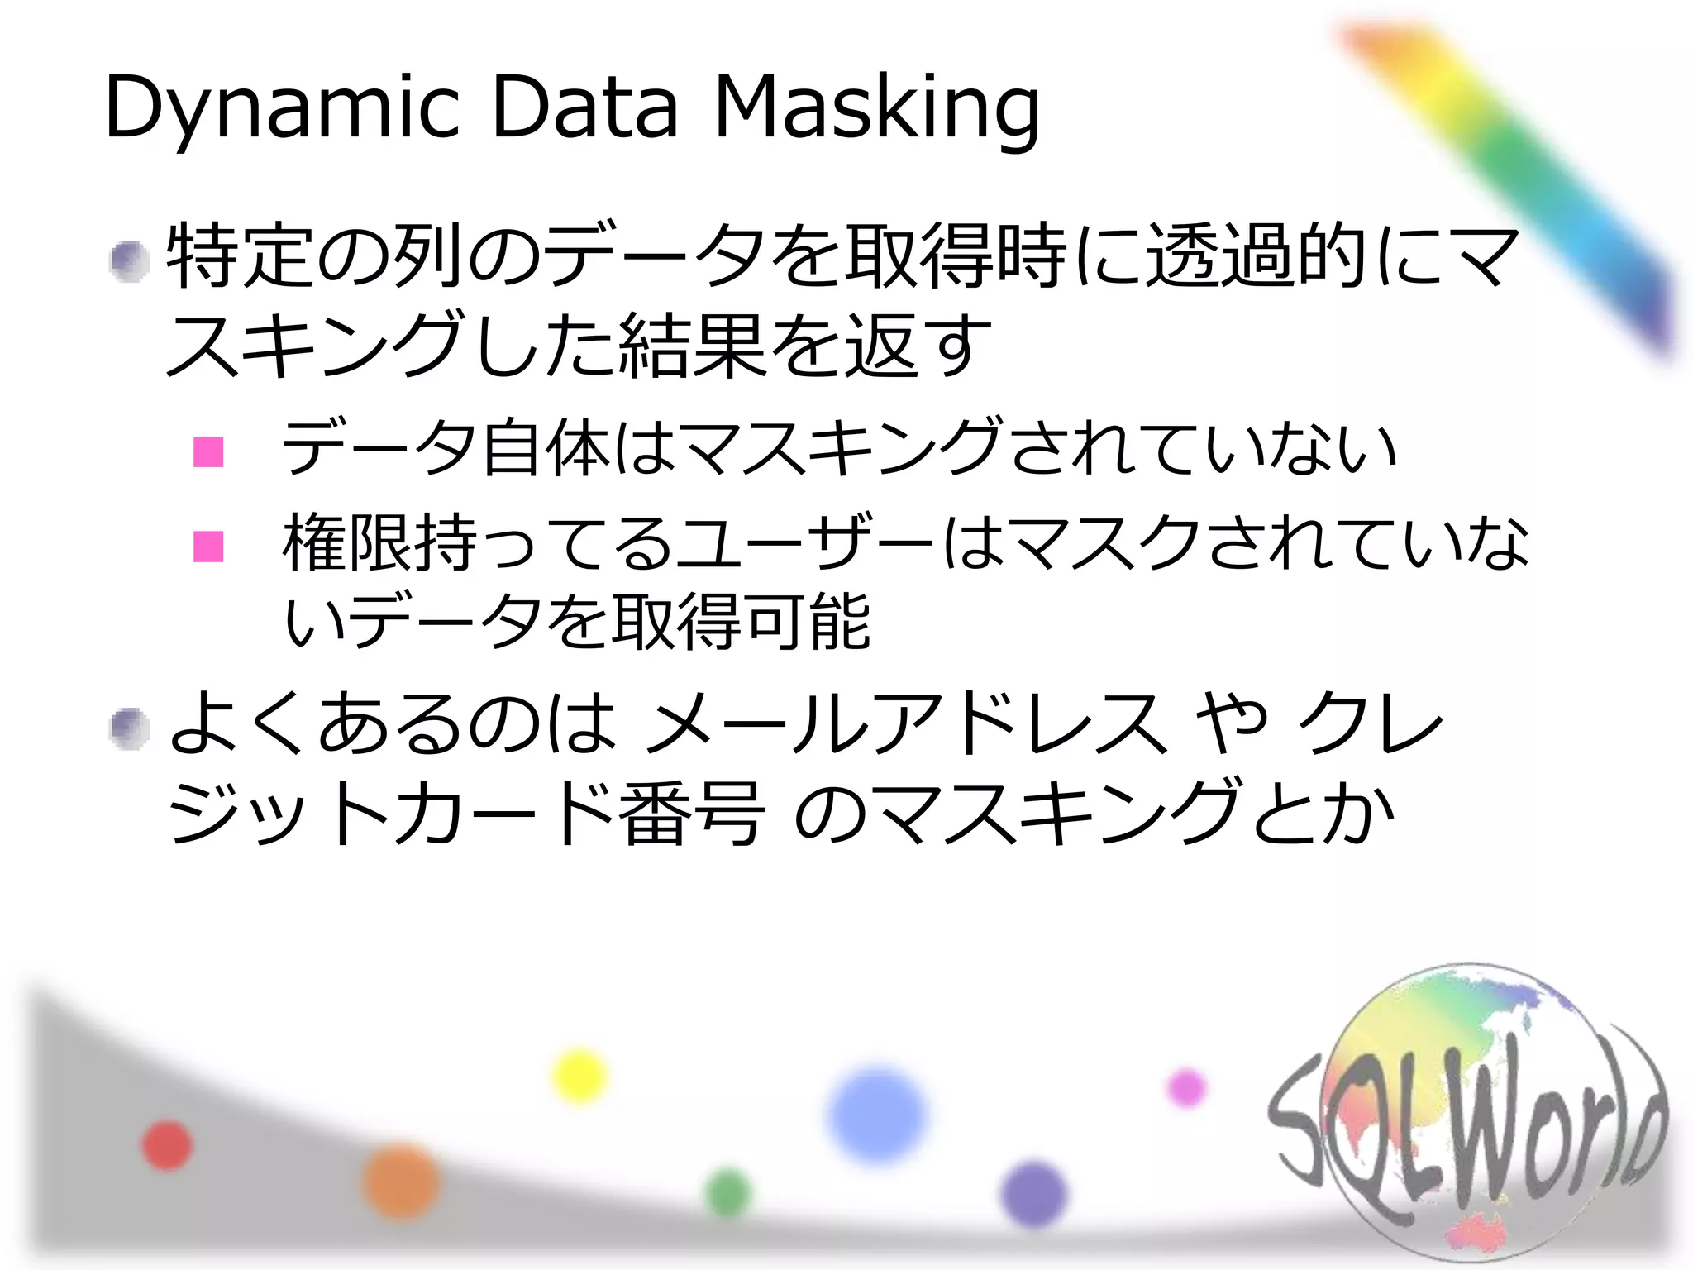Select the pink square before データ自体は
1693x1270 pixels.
[x=208, y=451]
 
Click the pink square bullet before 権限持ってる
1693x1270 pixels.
[x=208, y=547]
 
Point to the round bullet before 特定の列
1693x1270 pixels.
[x=130, y=262]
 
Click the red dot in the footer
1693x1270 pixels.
[x=168, y=1146]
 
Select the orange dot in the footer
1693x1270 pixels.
[x=402, y=1182]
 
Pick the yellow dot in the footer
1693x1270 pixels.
[x=579, y=1076]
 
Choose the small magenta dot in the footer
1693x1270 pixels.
[x=1186, y=1087]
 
